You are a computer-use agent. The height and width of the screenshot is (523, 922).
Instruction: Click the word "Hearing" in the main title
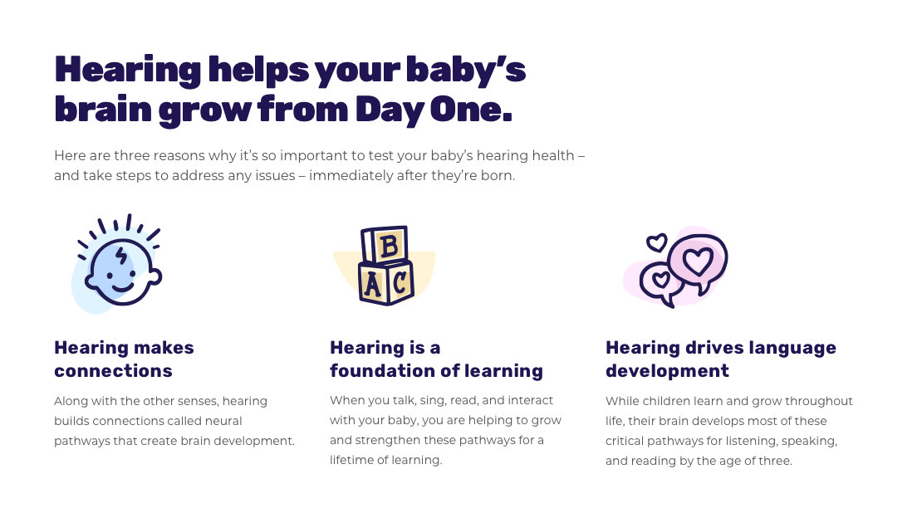(128, 71)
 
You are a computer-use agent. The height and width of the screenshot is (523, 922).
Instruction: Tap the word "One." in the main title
(471, 110)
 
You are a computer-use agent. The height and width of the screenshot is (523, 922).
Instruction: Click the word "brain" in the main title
(103, 110)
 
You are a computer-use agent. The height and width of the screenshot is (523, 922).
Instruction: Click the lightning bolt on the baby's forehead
(120, 257)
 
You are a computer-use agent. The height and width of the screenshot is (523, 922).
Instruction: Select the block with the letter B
(385, 244)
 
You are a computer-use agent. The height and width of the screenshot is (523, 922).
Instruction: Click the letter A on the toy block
(372, 285)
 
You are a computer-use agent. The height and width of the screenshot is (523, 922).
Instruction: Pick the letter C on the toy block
(400, 283)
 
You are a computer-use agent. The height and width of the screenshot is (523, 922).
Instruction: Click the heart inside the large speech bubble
(698, 261)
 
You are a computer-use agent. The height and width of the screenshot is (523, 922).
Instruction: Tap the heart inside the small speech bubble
(660, 279)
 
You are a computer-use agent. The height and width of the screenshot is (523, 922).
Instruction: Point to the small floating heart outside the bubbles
(656, 242)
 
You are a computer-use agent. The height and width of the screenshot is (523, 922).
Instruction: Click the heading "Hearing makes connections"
(124, 359)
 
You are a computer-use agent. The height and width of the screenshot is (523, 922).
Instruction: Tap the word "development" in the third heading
(667, 371)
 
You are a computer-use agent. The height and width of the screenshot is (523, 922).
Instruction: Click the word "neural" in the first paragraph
(223, 421)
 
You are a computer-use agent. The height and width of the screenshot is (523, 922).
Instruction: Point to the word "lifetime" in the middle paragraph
(349, 460)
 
